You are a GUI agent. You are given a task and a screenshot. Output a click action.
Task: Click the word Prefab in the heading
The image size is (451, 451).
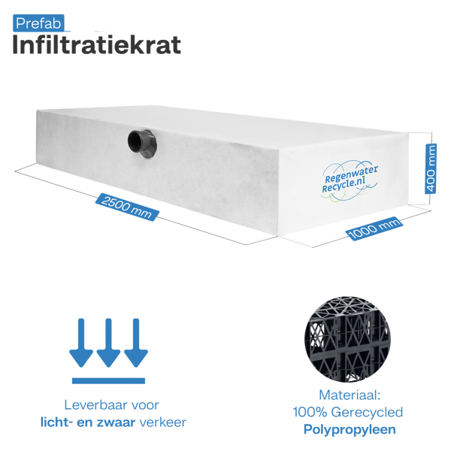click(x=38, y=24)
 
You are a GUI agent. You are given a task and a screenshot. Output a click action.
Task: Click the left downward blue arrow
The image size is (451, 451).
click(x=81, y=341)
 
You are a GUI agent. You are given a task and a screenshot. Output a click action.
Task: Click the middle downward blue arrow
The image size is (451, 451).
click(x=108, y=341)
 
